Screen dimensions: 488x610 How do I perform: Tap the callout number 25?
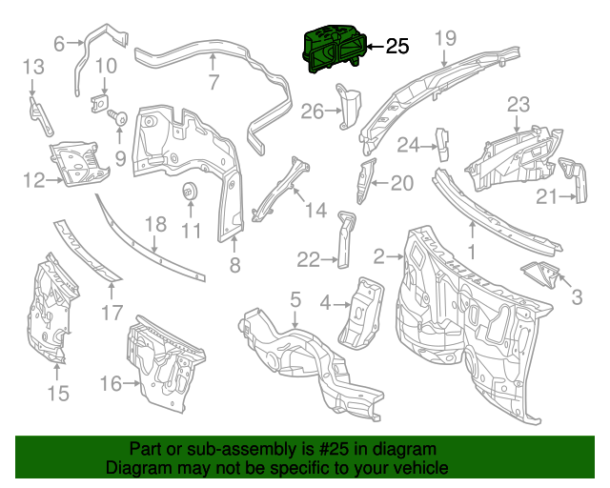pos(396,46)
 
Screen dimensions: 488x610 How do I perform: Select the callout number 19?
pos(446,38)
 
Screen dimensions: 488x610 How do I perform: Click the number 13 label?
pos(33,67)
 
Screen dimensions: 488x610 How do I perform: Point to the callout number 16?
pos(111,383)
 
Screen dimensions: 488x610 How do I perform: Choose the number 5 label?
pos(295,299)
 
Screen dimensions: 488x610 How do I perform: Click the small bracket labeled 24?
pos(443,140)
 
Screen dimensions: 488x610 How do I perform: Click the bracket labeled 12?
pos(81,162)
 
